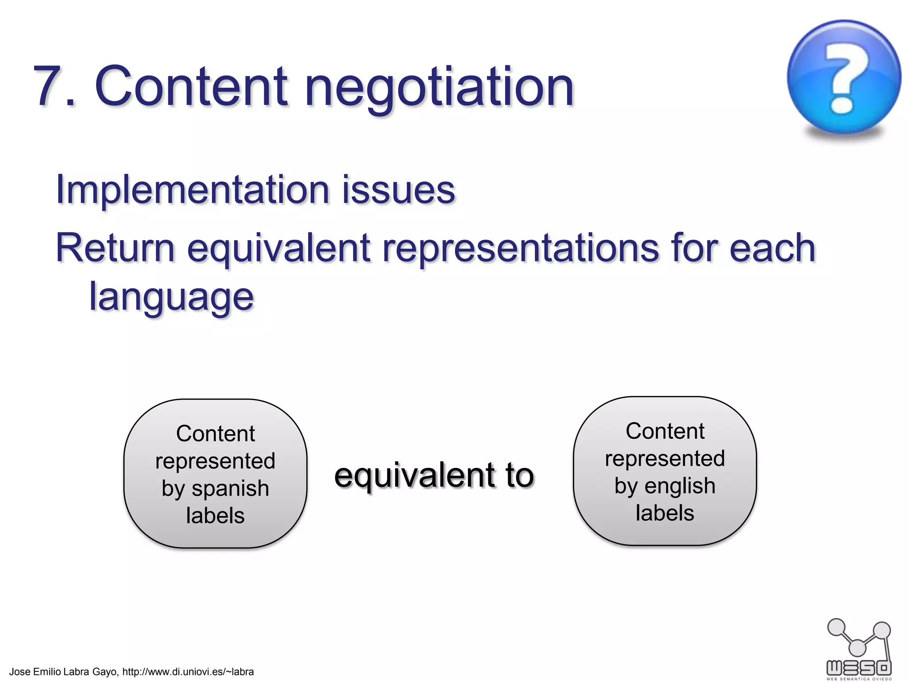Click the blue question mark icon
pyautogui.click(x=844, y=78)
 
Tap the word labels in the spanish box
pyautogui.click(x=215, y=515)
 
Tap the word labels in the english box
pyautogui.click(x=664, y=513)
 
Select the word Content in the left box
pyautogui.click(x=215, y=433)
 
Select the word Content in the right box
pyautogui.click(x=665, y=431)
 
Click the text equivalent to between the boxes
pyautogui.click(x=434, y=476)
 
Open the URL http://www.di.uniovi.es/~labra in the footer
pyautogui.click(x=188, y=672)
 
